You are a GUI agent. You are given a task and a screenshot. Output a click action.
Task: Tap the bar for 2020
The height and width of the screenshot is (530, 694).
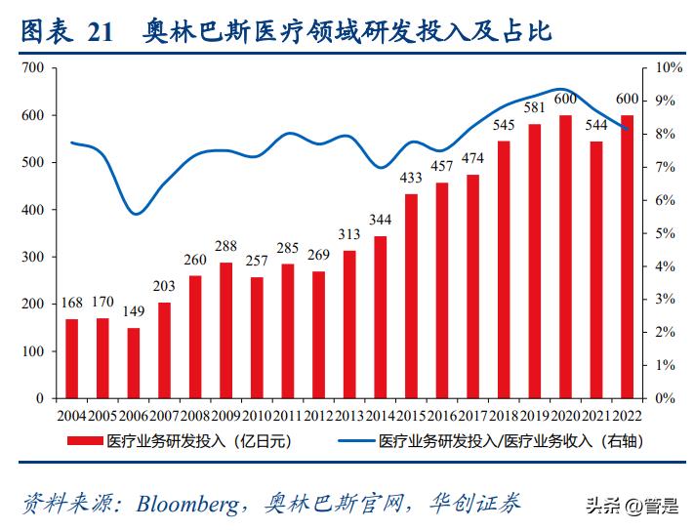coord(565,257)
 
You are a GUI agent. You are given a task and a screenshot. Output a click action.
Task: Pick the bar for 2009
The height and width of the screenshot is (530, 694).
coord(226,330)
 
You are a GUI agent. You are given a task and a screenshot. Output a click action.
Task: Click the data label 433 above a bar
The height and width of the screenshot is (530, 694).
coord(411,179)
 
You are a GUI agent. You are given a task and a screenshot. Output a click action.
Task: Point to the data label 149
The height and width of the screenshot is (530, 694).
coord(134,313)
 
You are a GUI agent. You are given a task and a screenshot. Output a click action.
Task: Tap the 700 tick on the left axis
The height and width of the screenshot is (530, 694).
coord(32,67)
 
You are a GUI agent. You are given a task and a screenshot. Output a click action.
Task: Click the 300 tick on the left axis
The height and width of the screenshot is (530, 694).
coord(32,257)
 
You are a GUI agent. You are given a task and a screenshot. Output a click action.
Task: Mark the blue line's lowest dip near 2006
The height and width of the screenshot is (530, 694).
coord(138,214)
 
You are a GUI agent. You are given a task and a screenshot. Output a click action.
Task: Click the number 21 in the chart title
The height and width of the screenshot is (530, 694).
coord(100,31)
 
